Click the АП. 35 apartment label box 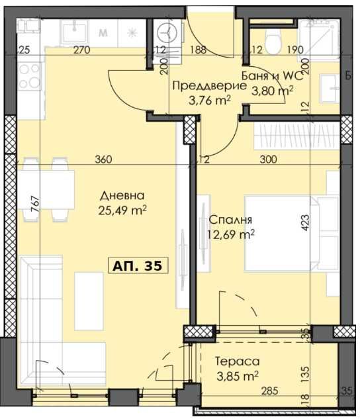pyautogui.click(x=138, y=265)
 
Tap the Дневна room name pyautogui.click(x=122, y=196)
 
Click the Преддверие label pyautogui.click(x=201, y=86)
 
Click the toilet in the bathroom pyautogui.click(x=272, y=41)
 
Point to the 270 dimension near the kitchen pyautogui.click(x=81, y=49)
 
